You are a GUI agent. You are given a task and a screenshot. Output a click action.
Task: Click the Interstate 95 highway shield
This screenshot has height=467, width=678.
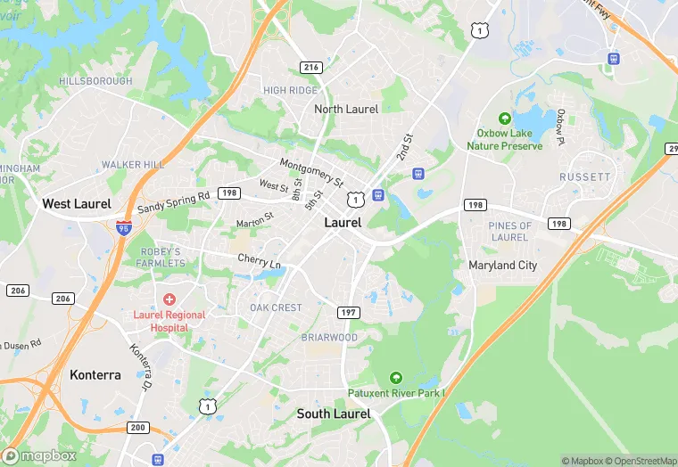point(123,229)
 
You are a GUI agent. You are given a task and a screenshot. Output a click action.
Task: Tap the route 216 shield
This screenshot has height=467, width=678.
point(310,67)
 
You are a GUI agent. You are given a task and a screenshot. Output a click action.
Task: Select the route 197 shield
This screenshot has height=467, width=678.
point(348,312)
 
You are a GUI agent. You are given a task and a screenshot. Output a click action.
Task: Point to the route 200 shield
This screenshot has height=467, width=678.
point(137,428)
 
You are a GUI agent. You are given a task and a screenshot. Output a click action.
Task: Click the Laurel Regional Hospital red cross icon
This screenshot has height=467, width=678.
point(169,299)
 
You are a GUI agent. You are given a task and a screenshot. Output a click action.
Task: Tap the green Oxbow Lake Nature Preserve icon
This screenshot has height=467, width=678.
point(504,118)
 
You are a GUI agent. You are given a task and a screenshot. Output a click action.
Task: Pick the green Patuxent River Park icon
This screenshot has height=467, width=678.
point(395,378)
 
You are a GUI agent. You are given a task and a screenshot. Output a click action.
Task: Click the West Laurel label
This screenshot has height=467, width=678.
point(77,204)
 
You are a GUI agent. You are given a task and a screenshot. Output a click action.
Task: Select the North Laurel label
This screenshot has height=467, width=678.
point(346,109)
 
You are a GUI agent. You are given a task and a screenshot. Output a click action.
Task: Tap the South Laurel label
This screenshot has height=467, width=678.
point(334,414)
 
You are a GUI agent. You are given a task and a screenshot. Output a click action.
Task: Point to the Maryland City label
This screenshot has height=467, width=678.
point(503,265)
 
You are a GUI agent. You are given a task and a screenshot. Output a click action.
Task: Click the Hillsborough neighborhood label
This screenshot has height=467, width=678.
point(95,81)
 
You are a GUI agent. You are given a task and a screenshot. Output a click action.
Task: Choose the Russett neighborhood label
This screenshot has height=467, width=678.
point(585,177)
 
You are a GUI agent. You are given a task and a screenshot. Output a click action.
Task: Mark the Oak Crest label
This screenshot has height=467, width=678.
point(276,308)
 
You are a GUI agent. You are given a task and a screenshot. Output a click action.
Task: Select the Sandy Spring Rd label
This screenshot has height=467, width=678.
point(173,204)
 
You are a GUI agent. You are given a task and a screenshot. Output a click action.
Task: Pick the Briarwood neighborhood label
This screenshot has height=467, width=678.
point(329,338)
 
